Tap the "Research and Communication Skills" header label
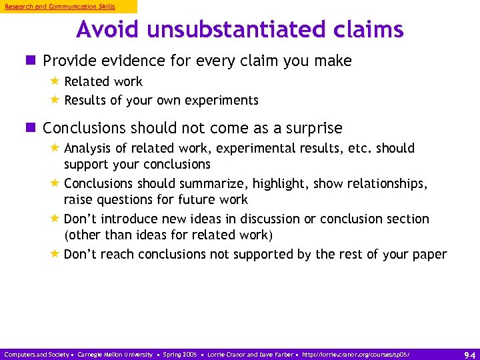tap(60, 7)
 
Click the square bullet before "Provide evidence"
tap(33, 61)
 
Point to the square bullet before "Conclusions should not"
tap(33, 128)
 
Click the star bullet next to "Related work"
tap(55, 81)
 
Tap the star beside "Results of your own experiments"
tap(55, 100)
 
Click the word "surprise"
tap(318, 128)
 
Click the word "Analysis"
tap(87, 148)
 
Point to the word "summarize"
tap(223, 183)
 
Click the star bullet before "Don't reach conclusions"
tap(55, 253)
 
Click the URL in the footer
tap(357, 355)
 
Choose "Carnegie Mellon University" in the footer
tap(115, 355)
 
